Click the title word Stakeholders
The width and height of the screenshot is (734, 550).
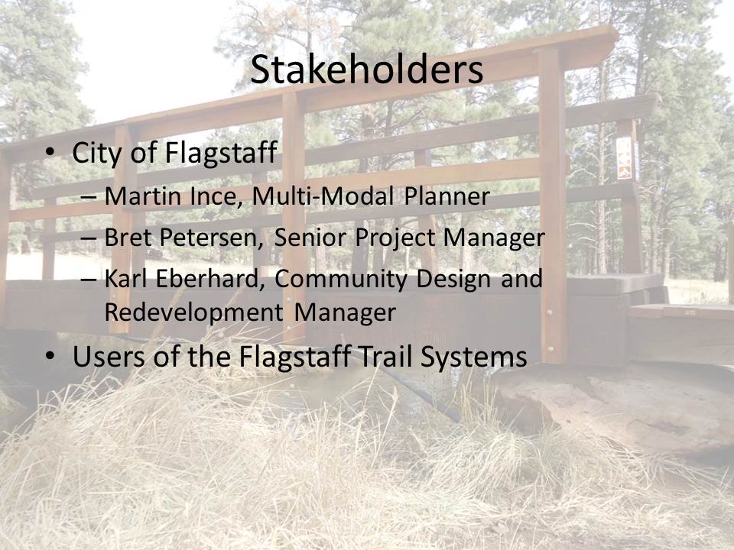coord(366,70)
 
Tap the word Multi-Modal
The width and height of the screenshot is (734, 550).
coord(323,196)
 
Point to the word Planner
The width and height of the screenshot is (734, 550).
coord(447,196)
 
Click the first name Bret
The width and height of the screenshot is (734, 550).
coord(128,237)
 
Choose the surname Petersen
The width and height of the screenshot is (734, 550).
coord(212,237)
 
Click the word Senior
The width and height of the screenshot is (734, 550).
coord(310,237)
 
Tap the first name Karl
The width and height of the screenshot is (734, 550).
coord(125,278)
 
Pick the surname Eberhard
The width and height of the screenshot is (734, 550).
coord(207,278)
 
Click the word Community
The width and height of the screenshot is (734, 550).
coord(341,280)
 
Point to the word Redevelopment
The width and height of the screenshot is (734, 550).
coord(193,312)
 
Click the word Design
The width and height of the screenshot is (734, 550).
coord(453,279)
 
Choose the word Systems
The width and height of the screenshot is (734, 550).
coord(474,357)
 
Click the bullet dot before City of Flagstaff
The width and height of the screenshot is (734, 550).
coord(50,153)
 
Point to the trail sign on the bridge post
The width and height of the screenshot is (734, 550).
coord(625,157)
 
